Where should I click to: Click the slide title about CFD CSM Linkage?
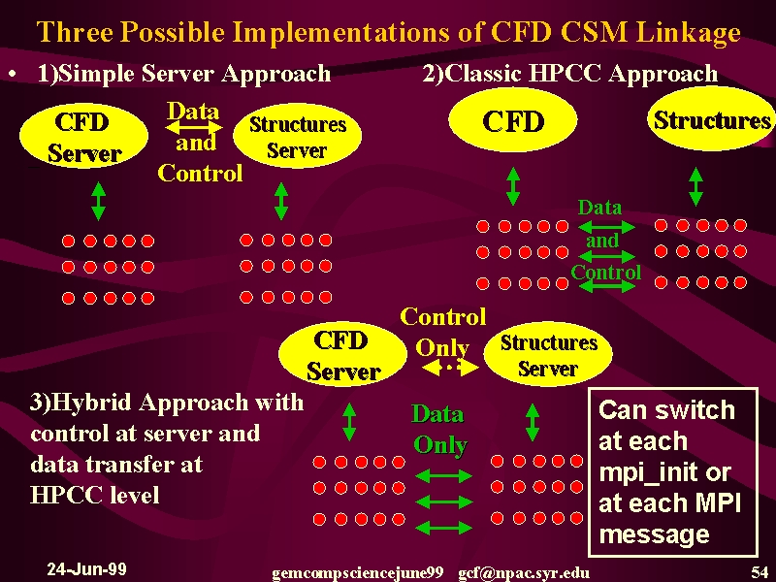point(389,32)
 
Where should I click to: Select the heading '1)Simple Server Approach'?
point(184,74)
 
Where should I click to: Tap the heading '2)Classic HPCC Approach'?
point(569,74)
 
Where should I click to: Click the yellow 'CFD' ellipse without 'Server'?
point(513,120)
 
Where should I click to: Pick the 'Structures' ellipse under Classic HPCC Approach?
point(712,119)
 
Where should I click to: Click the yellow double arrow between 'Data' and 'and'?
point(193,128)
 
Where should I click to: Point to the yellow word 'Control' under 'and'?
point(200,174)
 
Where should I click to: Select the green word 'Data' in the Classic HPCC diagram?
point(599,207)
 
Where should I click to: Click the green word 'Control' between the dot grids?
point(605,272)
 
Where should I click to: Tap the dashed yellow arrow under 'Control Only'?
point(450,368)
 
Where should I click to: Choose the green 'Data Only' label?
point(439,430)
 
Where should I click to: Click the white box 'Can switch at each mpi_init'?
point(673,471)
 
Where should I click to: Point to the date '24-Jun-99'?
point(86,568)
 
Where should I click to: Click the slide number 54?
point(760,571)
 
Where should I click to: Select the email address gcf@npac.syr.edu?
point(524,573)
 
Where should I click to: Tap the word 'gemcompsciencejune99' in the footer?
point(357,573)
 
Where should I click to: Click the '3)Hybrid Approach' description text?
point(167,448)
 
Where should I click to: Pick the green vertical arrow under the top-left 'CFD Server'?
point(99,201)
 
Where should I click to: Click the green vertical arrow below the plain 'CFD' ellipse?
point(513,186)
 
